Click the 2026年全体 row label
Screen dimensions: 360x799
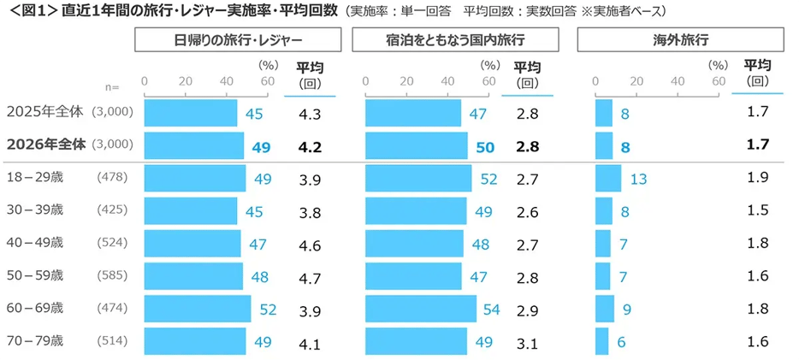(x=46, y=145)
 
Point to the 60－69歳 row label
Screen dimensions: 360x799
(x=33, y=308)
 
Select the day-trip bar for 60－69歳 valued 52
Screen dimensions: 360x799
(x=198, y=309)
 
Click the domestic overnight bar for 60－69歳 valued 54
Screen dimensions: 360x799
(x=421, y=309)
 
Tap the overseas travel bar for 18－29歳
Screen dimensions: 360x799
(x=608, y=178)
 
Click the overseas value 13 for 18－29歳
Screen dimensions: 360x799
(x=638, y=179)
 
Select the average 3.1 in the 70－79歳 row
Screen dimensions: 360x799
(x=527, y=342)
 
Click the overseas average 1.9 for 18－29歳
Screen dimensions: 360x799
(x=757, y=178)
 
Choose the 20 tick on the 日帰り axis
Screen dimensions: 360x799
(x=186, y=81)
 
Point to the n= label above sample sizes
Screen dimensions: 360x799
(x=112, y=86)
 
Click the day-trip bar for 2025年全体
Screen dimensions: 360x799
(x=191, y=114)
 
